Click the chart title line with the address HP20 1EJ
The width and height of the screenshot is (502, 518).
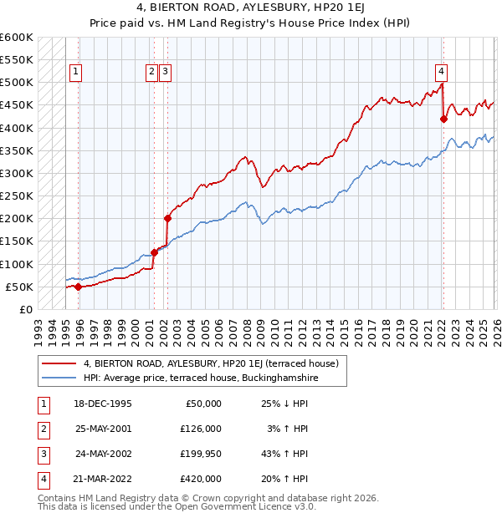tap(251, 8)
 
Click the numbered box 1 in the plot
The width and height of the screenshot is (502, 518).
tap(75, 73)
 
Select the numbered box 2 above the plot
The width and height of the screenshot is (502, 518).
tap(152, 73)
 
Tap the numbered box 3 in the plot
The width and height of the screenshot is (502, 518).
tap(166, 73)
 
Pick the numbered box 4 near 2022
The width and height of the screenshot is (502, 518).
tap(440, 73)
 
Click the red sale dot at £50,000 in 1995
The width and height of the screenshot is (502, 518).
tap(79, 287)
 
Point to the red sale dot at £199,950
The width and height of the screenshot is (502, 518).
tap(167, 219)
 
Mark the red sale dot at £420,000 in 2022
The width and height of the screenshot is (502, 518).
tap(443, 119)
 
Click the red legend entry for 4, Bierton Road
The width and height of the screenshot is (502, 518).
tap(210, 363)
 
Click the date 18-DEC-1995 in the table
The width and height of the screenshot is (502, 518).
tap(103, 404)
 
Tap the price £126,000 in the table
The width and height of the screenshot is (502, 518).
tap(201, 429)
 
